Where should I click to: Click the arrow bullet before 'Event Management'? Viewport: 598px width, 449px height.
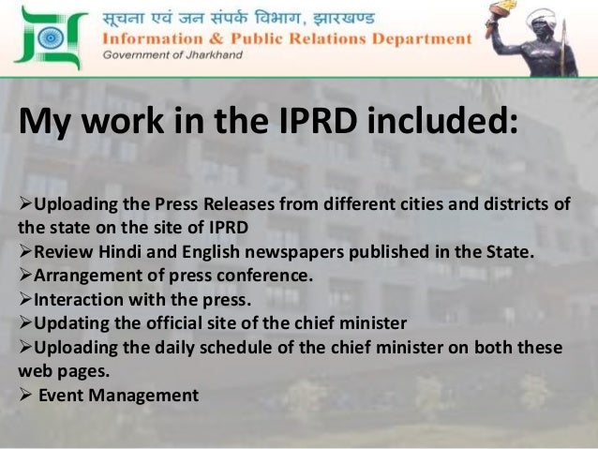[25, 395]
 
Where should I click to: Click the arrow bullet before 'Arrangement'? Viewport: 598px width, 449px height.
[25, 276]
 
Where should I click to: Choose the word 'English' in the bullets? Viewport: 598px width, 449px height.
[217, 252]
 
